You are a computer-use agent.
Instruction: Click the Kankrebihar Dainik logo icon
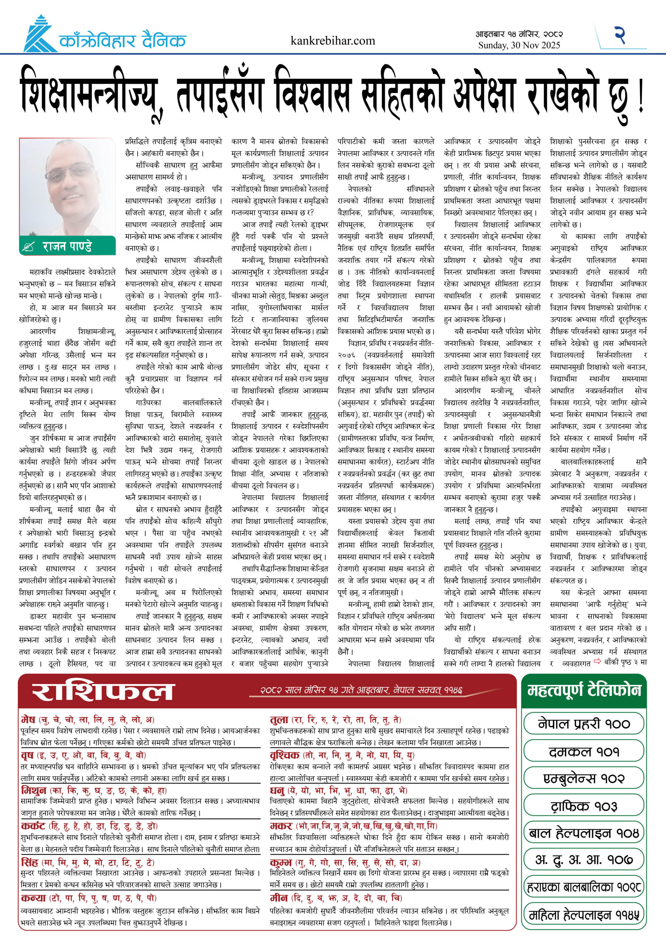pyautogui.click(x=40, y=35)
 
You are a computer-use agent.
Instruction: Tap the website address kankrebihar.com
pyautogui.click(x=332, y=40)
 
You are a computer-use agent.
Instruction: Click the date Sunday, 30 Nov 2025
pyautogui.click(x=519, y=46)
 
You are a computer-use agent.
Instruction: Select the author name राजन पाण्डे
pyautogui.click(x=67, y=246)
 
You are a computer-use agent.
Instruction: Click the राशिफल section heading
pyautogui.click(x=103, y=692)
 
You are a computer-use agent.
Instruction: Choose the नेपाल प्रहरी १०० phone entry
pyautogui.click(x=584, y=724)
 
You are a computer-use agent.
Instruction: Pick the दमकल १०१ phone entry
pyautogui.click(x=584, y=752)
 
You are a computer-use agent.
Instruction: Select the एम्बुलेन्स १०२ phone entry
pyautogui.click(x=584, y=778)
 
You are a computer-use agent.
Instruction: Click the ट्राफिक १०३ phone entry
pyautogui.click(x=584, y=806)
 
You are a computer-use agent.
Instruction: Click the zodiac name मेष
pyautogui.click(x=28, y=720)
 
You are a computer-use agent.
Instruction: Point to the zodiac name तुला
pyautogui.click(x=279, y=720)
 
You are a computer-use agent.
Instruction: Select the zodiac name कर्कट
pyautogui.click(x=33, y=826)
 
